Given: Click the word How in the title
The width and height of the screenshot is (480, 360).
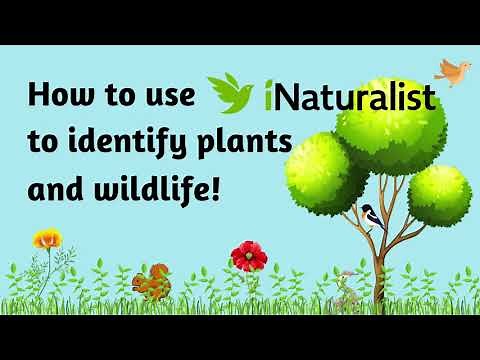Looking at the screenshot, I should tap(64, 97).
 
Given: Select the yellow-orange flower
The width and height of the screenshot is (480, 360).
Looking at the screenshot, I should tap(46, 240).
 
